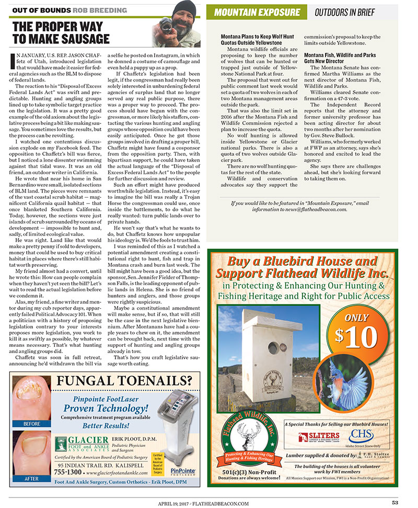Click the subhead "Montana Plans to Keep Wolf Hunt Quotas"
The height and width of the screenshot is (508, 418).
[258, 39]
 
